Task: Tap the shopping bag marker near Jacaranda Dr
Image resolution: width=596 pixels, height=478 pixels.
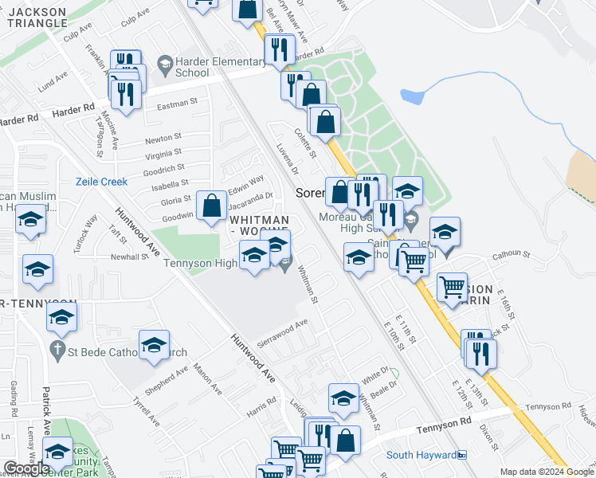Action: [212, 206]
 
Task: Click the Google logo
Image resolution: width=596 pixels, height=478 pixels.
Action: [26, 468]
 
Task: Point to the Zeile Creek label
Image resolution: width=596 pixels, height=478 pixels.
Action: [101, 182]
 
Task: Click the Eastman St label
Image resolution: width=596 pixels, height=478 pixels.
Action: [177, 104]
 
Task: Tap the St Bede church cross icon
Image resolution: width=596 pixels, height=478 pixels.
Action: [57, 349]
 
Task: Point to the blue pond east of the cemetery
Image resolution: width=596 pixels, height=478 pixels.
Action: [412, 97]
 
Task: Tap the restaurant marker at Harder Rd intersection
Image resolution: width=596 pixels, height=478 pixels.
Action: [279, 50]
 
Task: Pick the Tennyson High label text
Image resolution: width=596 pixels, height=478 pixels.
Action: [202, 264]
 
